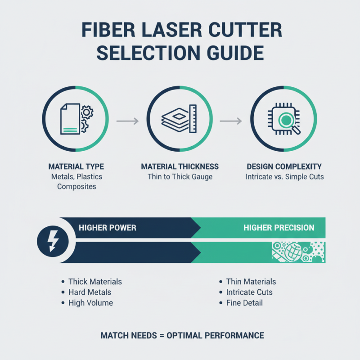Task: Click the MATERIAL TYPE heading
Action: [x=76, y=166]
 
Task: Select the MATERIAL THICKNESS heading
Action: [x=180, y=166]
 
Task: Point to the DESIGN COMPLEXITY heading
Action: [x=284, y=166]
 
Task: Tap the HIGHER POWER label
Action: [x=108, y=228]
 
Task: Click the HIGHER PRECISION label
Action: [x=279, y=228]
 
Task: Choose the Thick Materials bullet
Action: [x=95, y=282]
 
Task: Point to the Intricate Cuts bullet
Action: [x=249, y=292]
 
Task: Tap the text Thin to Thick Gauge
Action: [x=180, y=177]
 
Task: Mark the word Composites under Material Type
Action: [x=76, y=187]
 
